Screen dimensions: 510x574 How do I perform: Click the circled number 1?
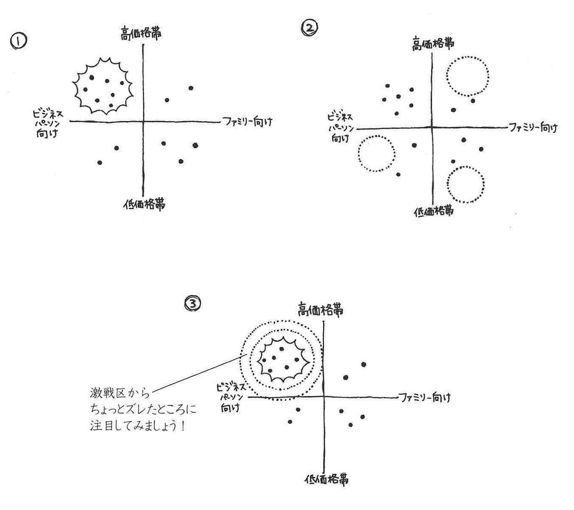(x=18, y=41)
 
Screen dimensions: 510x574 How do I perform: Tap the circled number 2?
(x=309, y=28)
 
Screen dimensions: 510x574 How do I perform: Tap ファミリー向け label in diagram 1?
(x=247, y=122)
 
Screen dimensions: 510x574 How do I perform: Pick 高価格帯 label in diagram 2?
(x=432, y=44)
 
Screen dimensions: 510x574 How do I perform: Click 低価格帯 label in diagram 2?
(x=433, y=211)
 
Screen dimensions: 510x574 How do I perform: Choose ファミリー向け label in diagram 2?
(x=533, y=127)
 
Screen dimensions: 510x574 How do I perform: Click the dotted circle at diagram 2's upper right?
(x=467, y=76)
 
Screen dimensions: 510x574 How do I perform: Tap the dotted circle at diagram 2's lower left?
(x=376, y=153)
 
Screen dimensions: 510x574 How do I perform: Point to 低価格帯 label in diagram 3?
(x=327, y=480)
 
